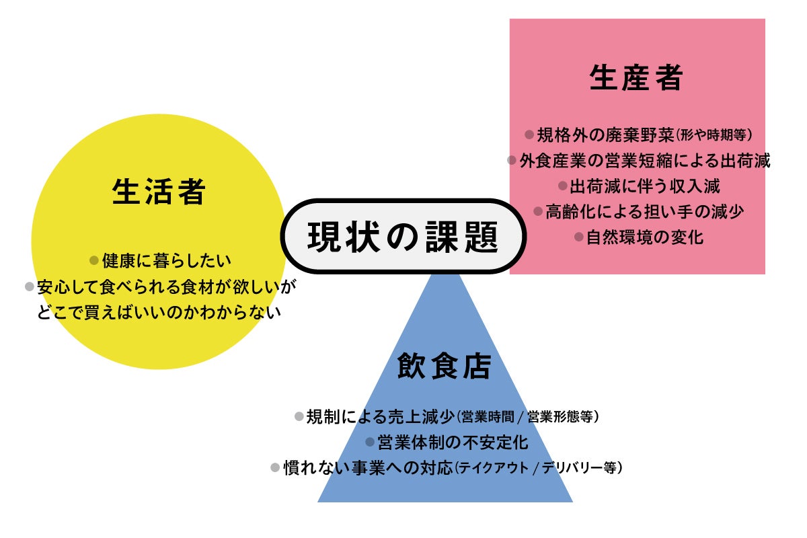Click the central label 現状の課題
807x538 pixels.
(402, 236)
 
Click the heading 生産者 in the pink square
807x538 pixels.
(636, 78)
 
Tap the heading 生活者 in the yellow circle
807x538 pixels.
(159, 192)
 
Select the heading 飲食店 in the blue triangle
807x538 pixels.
(445, 367)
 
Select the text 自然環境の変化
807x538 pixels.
(645, 237)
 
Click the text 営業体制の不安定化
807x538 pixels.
(453, 443)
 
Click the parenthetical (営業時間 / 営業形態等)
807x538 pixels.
(527, 417)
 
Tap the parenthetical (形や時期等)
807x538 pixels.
(714, 134)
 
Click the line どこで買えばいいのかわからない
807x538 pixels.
(159, 312)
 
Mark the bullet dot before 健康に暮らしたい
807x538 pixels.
(94, 260)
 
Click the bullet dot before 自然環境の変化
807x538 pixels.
(578, 237)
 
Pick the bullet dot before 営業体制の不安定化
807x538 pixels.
(370, 443)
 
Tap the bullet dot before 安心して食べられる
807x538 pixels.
(30, 286)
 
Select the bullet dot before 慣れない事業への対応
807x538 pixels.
(275, 467)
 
